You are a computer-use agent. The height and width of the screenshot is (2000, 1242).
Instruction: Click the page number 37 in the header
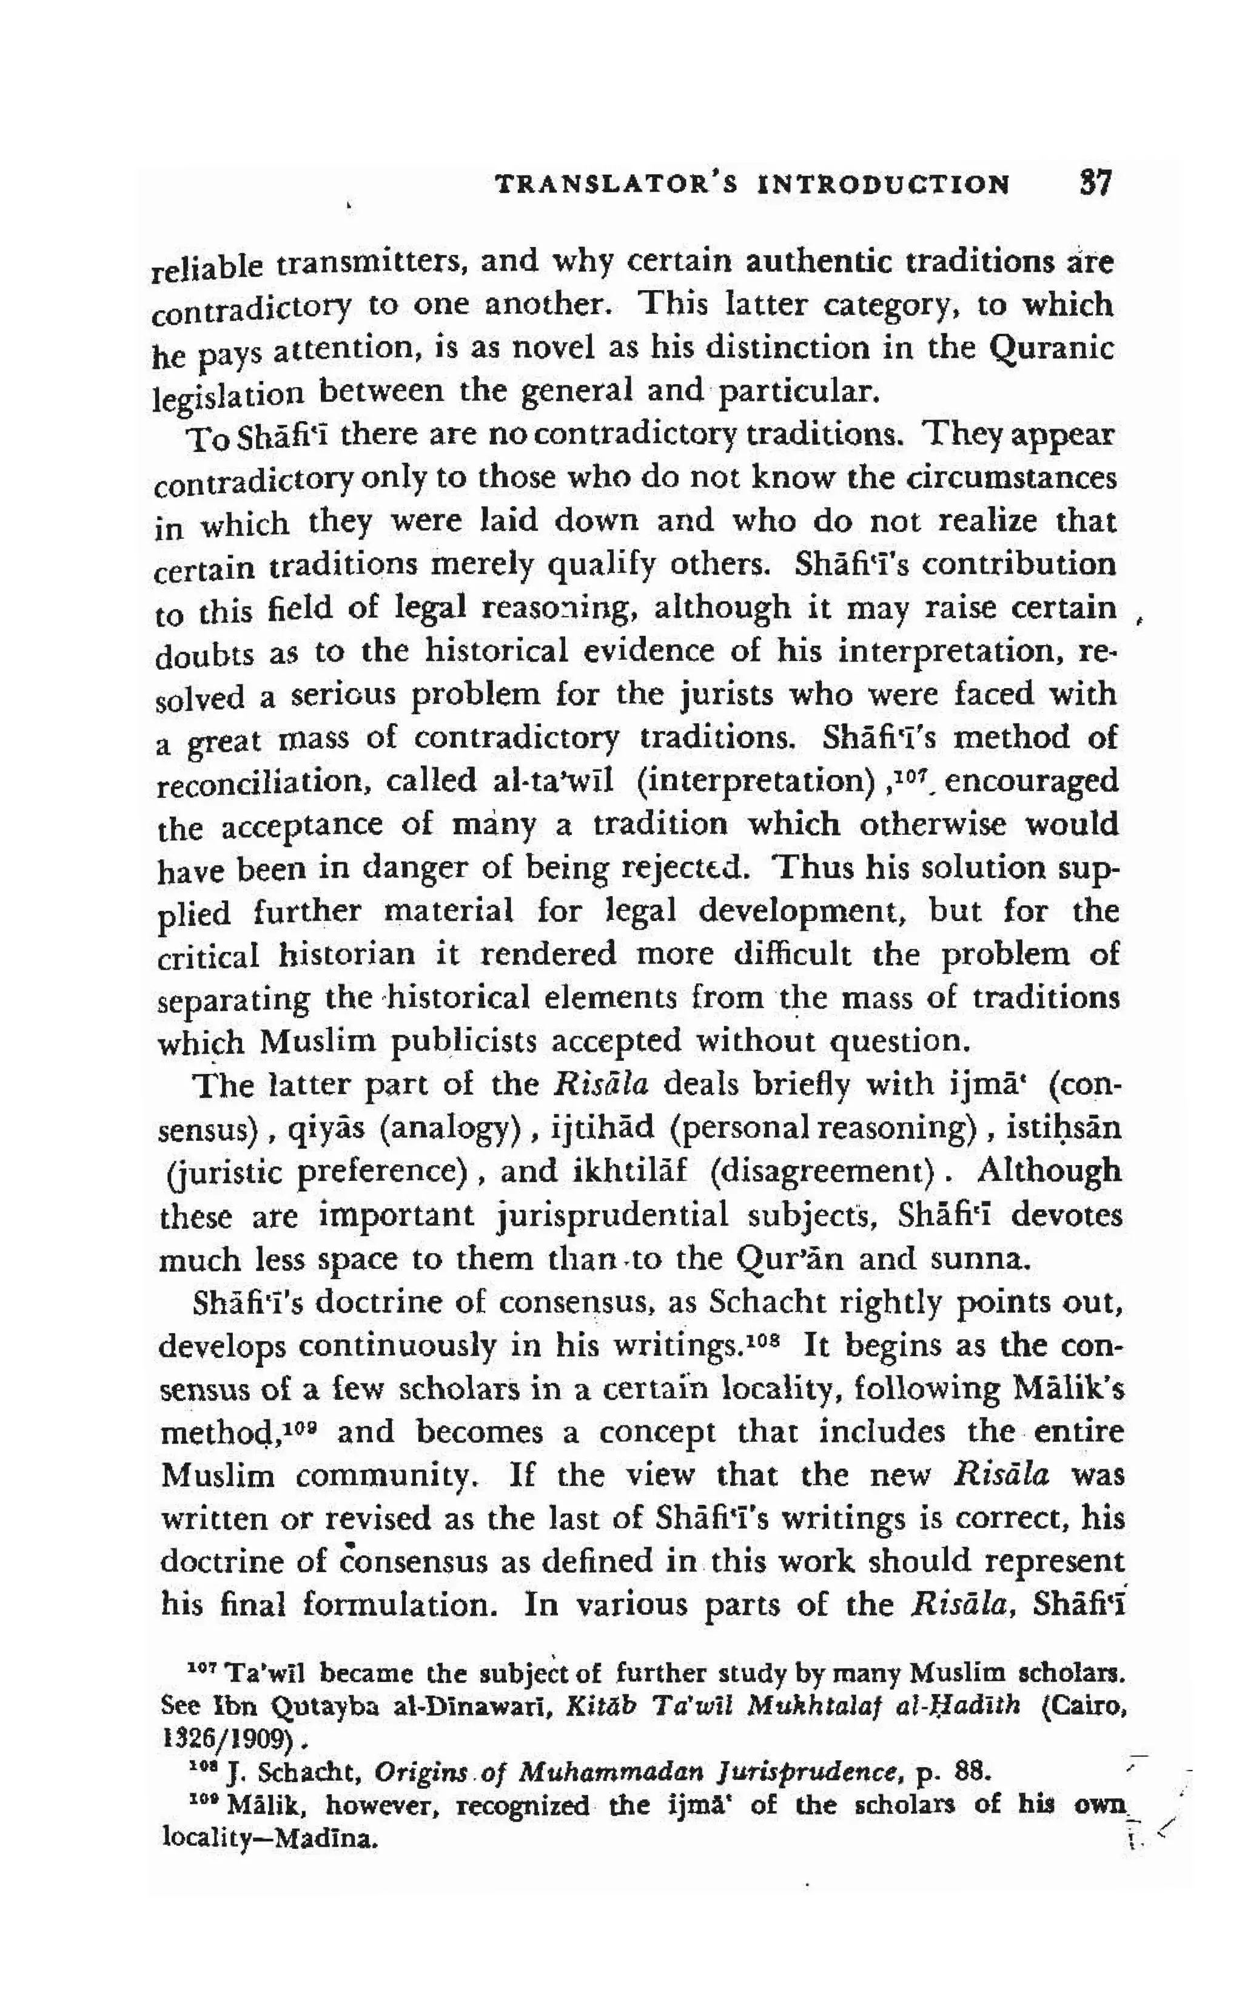(x=1095, y=183)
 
